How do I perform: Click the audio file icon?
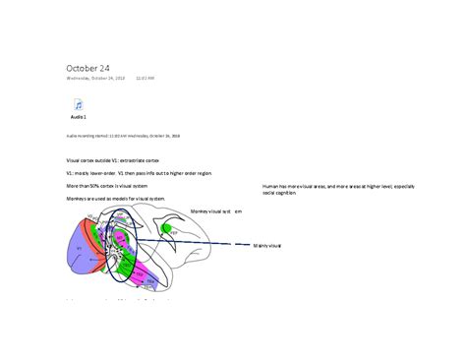78,105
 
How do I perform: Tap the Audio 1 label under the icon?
78,116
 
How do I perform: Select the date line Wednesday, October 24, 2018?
95,78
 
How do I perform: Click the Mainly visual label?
266,245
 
